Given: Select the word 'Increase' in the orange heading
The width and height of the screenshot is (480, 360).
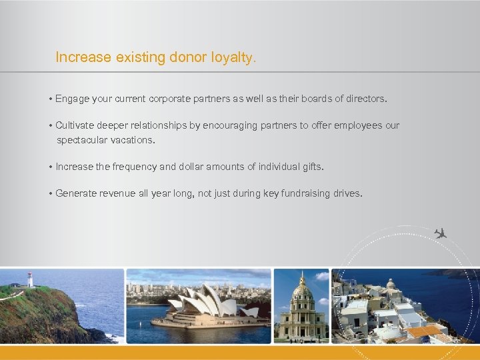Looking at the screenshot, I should [x=83, y=58].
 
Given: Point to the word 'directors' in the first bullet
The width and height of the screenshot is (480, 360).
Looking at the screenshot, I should [x=362, y=99].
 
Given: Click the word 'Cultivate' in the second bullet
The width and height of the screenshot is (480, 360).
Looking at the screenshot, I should [x=77, y=125].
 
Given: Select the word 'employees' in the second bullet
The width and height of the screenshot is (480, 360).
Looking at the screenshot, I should [x=357, y=125].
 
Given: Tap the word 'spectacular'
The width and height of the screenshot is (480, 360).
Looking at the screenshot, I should [x=84, y=140].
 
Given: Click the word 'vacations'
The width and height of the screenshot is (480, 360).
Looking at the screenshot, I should [x=134, y=140].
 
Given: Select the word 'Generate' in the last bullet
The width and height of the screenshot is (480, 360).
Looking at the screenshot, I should [x=76, y=193].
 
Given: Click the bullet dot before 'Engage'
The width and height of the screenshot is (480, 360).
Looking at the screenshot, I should [x=51, y=99].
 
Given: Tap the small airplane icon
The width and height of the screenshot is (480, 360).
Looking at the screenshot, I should [x=439, y=233].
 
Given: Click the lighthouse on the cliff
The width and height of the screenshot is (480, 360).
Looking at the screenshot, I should [x=30, y=279].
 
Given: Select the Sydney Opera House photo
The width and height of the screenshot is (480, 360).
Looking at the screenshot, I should [x=199, y=306].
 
